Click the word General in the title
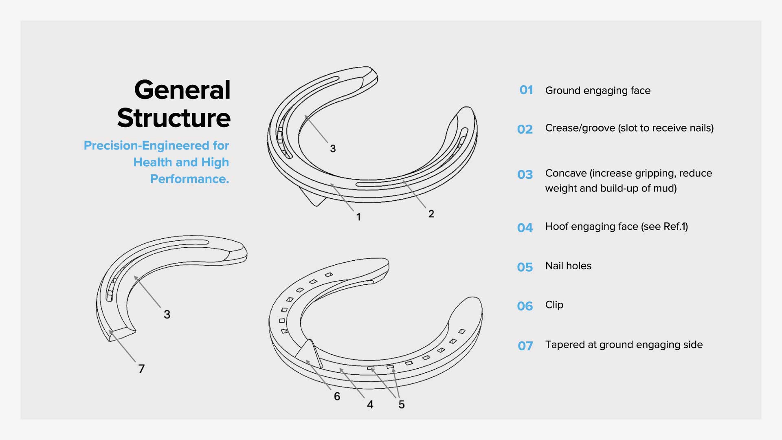click(x=182, y=90)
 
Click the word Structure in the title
click(x=174, y=118)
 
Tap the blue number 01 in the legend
click(x=526, y=90)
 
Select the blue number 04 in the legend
click(x=525, y=228)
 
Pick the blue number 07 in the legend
click(x=525, y=346)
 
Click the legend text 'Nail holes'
click(x=568, y=266)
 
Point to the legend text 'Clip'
click(x=554, y=305)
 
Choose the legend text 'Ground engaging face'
click(x=598, y=90)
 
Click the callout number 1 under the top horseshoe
click(x=358, y=217)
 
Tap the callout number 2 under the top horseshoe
click(x=431, y=214)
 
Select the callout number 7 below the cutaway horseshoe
click(x=141, y=369)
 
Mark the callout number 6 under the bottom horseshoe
click(x=337, y=396)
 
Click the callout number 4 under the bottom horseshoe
click(x=370, y=405)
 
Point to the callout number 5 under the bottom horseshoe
click(x=402, y=405)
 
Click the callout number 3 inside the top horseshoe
click(x=333, y=149)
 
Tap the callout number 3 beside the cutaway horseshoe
click(x=167, y=315)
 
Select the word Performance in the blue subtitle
click(x=189, y=179)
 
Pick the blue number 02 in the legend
click(x=525, y=130)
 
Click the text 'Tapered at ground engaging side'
click(x=624, y=345)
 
